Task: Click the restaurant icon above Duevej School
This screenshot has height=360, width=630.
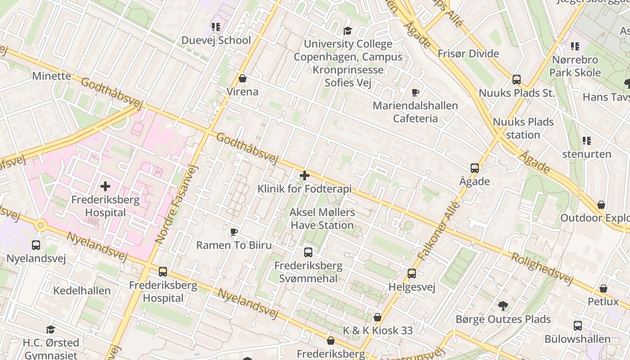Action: [216, 27]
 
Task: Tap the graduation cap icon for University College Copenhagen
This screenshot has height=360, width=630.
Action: [347, 31]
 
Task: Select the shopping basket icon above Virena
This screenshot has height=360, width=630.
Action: [243, 78]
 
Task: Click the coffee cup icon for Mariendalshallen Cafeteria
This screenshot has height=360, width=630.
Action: [415, 93]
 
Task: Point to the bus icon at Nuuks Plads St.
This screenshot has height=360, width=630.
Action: [516, 80]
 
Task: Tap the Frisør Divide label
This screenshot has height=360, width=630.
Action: [468, 54]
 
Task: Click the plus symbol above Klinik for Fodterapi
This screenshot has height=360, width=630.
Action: [305, 175]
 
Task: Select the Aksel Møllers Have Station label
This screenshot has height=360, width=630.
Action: [322, 219]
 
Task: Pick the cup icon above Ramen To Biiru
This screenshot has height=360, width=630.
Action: [234, 232]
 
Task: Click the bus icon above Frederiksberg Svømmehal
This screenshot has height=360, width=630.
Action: [308, 252]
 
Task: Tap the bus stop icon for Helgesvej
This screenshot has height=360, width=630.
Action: [412, 274]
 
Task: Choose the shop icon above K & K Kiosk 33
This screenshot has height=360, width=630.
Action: [378, 317]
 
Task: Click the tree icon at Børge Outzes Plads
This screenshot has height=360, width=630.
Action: [503, 306]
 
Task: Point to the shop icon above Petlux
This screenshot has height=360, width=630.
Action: [603, 288]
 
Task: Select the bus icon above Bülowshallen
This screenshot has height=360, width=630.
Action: [578, 326]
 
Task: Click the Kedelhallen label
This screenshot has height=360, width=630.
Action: [82, 291]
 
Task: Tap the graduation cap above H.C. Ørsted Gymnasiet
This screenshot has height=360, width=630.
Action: [50, 329]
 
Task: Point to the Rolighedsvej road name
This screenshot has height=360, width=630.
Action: [542, 269]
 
